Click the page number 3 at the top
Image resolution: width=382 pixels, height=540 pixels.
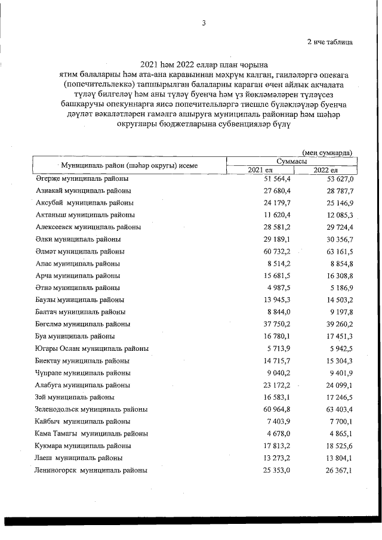pyautogui.click(x=204, y=23)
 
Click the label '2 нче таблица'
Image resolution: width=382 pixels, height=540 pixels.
pyautogui.click(x=329, y=42)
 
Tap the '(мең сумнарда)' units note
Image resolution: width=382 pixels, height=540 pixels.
pyautogui.click(x=327, y=153)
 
